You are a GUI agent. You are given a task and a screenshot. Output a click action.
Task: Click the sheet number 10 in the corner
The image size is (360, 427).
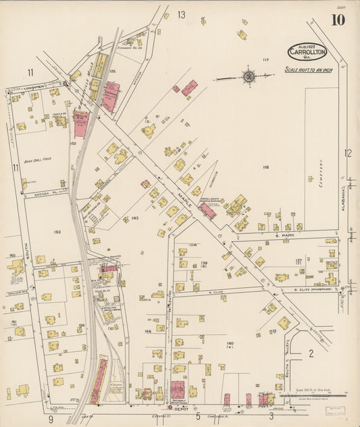337,20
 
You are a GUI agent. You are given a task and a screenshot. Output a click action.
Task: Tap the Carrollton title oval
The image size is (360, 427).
307,51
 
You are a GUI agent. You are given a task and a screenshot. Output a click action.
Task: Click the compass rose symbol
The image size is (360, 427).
250,76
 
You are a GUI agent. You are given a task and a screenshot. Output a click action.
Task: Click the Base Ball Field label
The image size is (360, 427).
38,159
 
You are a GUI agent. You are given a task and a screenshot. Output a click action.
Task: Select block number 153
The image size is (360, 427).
57,232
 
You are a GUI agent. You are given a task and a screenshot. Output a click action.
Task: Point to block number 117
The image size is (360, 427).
265,60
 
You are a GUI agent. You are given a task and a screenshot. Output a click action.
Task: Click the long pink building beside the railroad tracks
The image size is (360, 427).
99,382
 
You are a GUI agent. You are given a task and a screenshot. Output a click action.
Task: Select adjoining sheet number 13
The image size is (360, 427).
181,14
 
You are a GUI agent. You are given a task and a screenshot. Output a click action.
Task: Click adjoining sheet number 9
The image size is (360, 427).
51,419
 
